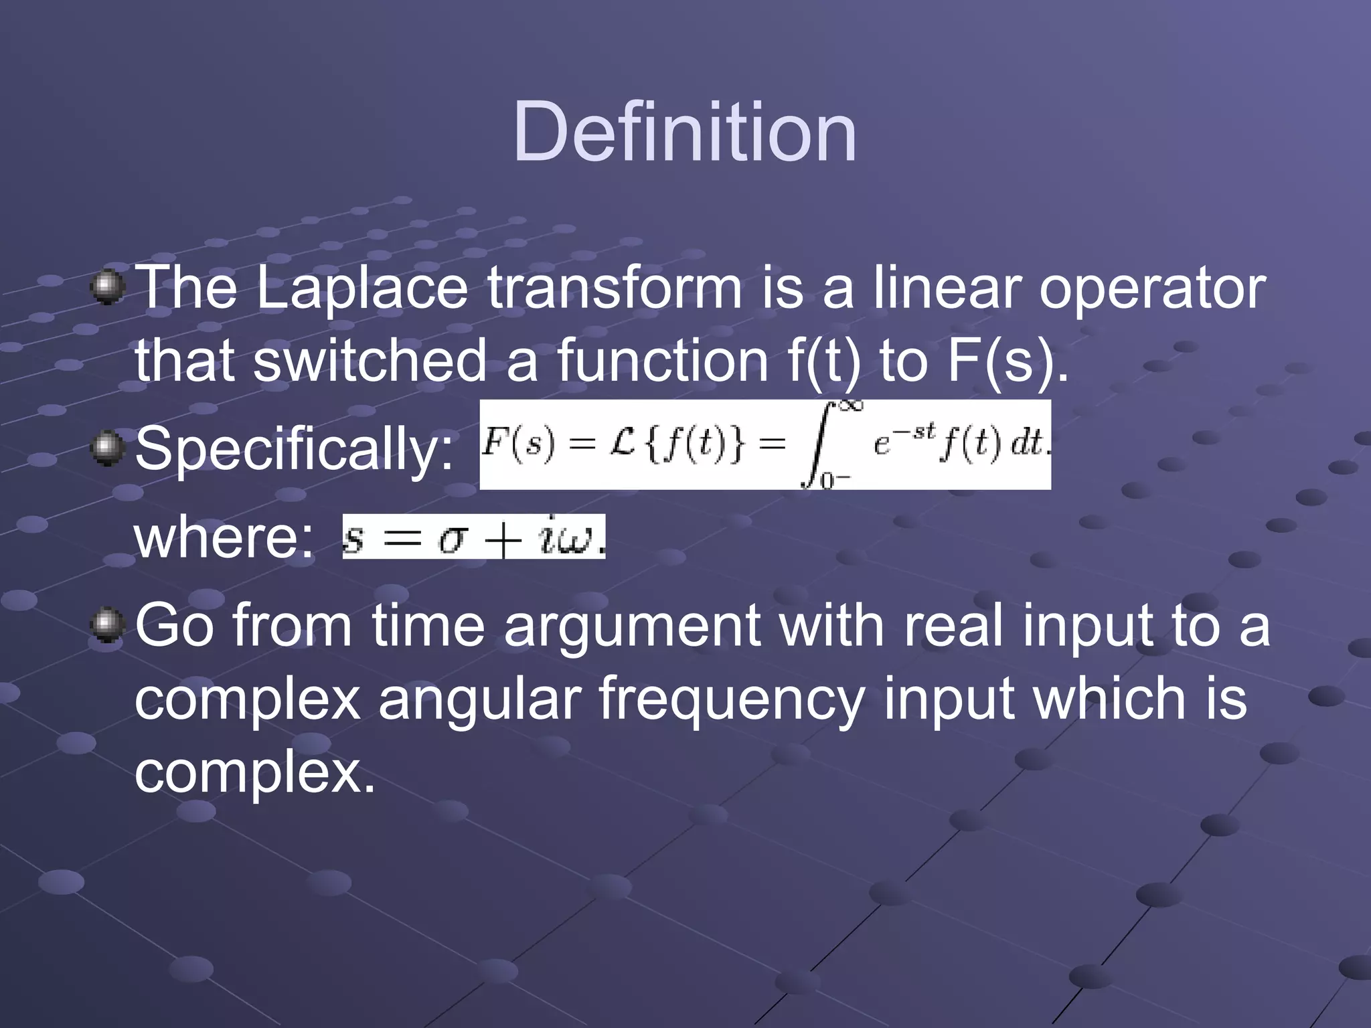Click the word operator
coord(1151,289)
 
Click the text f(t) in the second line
coord(823,361)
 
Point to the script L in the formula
coord(623,444)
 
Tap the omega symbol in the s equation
coord(577,539)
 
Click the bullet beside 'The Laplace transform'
coord(107,288)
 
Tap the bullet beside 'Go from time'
coord(107,625)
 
